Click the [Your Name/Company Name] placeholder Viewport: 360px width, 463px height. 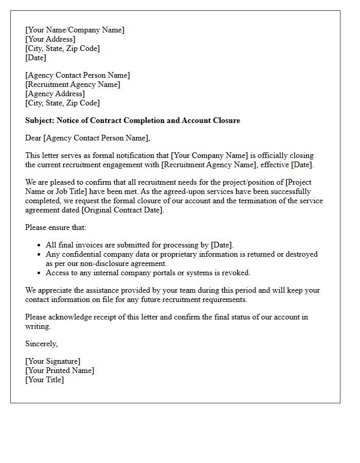[x=75, y=30]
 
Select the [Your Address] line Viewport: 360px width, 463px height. [x=50, y=39]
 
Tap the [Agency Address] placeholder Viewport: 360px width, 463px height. [x=55, y=94]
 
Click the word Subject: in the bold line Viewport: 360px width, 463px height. [x=40, y=120]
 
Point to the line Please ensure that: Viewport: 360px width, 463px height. [x=56, y=227]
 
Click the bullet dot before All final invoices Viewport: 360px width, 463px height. [x=40, y=245]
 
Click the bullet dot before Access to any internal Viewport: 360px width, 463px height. [x=40, y=273]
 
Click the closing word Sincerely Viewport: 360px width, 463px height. [x=41, y=344]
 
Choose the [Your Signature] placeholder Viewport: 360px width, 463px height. [x=53, y=361]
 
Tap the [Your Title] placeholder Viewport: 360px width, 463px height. [x=45, y=380]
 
